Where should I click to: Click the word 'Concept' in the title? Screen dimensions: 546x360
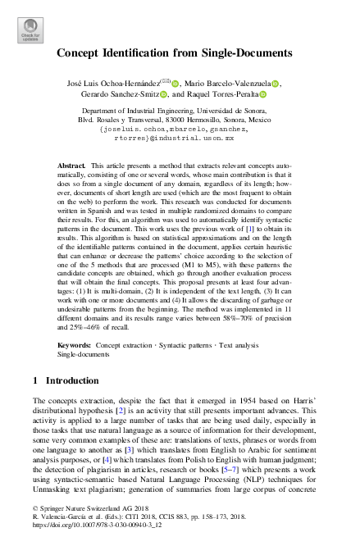[80, 53]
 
